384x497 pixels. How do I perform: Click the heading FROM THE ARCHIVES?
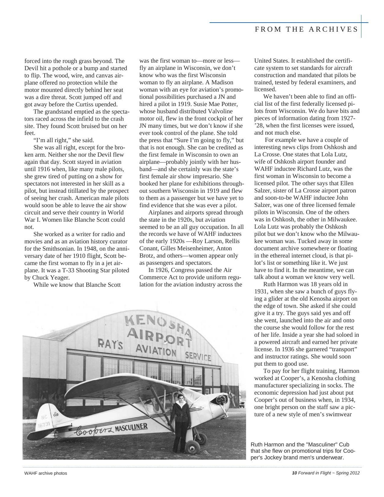306,29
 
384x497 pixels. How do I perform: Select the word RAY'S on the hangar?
110,344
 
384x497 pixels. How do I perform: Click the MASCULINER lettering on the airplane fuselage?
131,427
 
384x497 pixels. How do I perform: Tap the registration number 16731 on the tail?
44,425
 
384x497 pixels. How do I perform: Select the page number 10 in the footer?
295,473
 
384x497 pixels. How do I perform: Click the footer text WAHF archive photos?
46,473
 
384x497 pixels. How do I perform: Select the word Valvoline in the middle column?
216,111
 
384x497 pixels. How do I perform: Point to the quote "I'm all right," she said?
64,140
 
